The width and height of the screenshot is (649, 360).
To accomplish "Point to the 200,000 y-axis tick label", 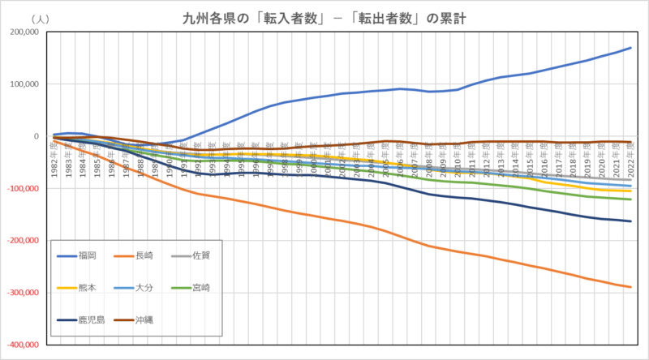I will coord(24,32).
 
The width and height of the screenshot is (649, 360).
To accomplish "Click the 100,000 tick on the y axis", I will coord(24,84).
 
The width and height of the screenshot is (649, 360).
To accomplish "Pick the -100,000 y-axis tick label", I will coord(23,188).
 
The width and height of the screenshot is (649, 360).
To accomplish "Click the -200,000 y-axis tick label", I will coord(23,241).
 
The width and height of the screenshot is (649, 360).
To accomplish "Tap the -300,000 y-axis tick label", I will coord(23,293).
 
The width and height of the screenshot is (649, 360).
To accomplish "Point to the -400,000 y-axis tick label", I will coord(23,345).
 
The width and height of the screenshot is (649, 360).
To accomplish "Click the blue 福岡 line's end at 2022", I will coord(630,48).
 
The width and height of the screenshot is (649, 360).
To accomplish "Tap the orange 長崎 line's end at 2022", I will coord(630,286).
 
